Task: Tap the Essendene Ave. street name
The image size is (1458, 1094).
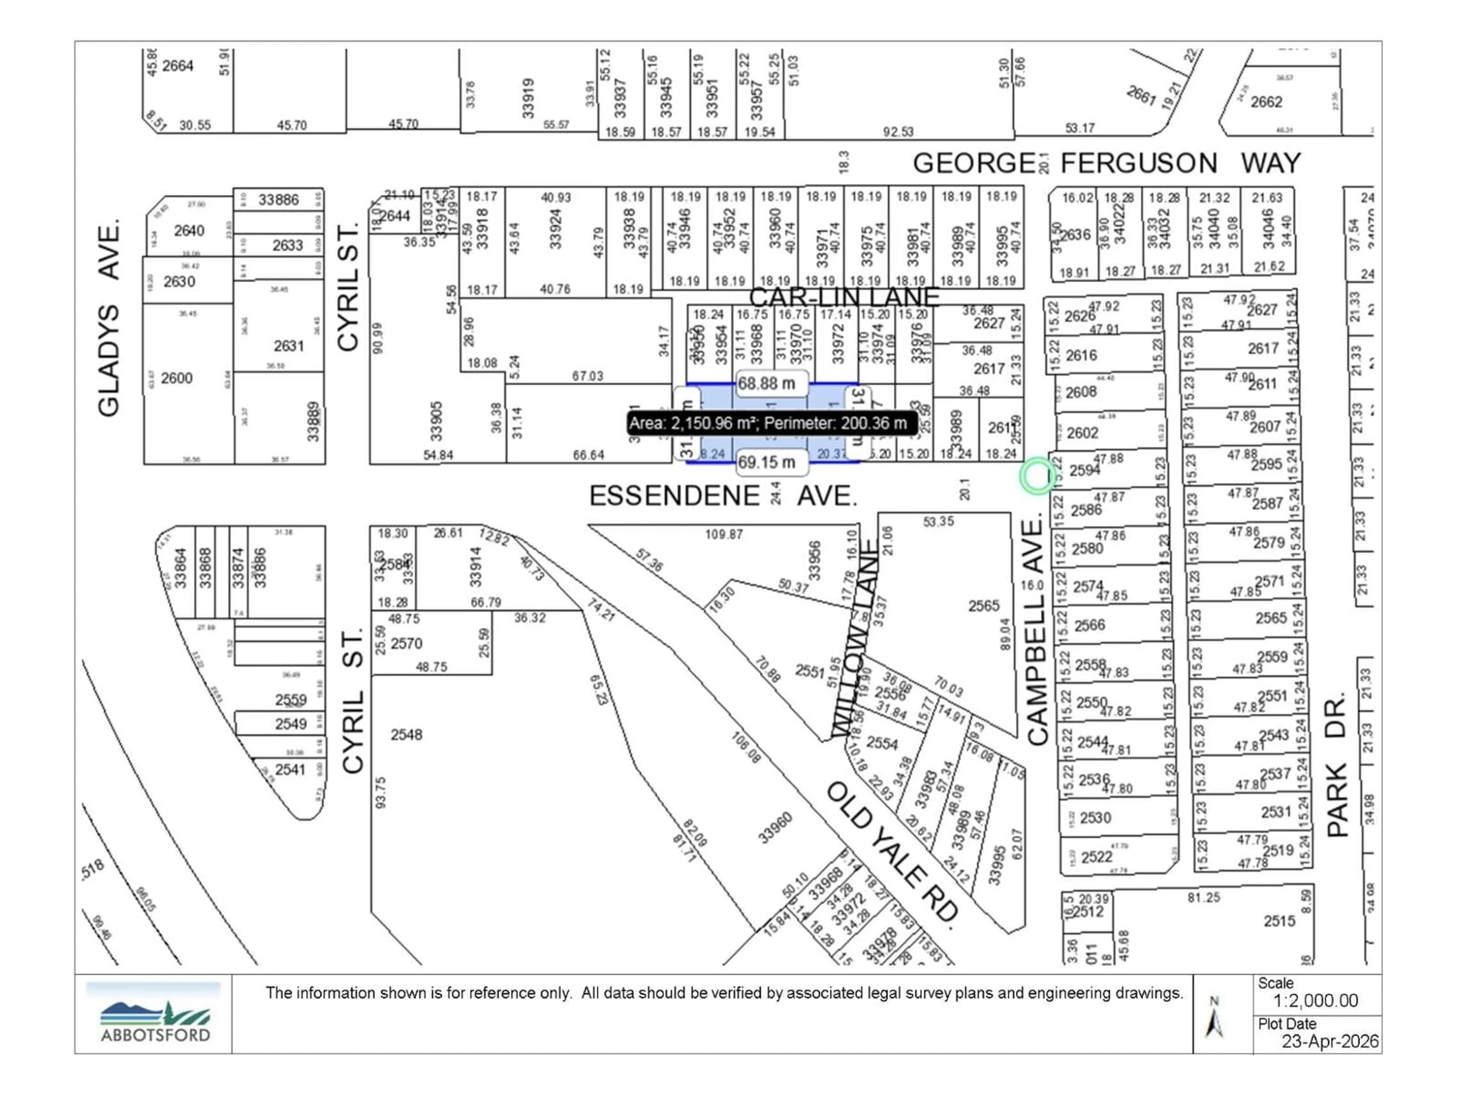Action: pyautogui.click(x=723, y=496)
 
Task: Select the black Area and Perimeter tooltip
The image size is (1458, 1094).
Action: pyautogui.click(x=771, y=423)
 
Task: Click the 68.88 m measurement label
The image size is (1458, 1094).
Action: pyautogui.click(x=767, y=384)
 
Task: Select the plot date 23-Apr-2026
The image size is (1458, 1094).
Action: pyautogui.click(x=1329, y=1041)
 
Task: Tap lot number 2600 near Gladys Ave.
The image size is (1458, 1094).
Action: pyautogui.click(x=177, y=378)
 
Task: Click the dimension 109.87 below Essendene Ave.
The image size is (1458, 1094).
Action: pyautogui.click(x=724, y=534)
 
